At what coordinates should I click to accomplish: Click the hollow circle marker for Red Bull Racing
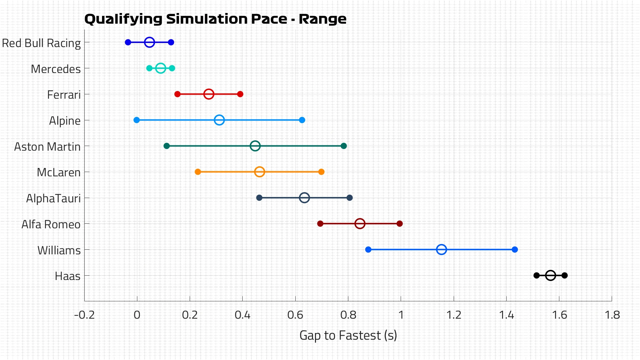point(149,42)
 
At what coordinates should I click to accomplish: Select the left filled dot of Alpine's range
point(136,120)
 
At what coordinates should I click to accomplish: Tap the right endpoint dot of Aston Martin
point(344,146)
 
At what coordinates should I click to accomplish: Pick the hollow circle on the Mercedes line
point(161,68)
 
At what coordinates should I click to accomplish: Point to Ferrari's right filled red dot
point(240,94)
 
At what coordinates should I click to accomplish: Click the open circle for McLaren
point(259,172)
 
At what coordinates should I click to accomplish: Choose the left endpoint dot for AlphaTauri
point(259,198)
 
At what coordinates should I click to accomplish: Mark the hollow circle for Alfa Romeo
point(360,224)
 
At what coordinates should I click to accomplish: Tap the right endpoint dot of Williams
point(515,250)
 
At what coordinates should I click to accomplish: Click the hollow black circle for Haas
point(550,276)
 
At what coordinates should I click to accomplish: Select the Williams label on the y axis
point(59,250)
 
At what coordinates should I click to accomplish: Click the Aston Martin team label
point(47,147)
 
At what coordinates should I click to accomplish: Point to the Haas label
point(68,276)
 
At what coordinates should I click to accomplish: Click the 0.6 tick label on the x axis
point(295,315)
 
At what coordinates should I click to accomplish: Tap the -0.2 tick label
point(84,315)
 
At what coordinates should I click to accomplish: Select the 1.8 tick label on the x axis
point(612,315)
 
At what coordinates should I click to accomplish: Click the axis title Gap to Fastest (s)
point(348,335)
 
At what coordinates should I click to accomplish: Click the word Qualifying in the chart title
point(123,19)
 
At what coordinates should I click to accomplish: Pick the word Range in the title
point(322,19)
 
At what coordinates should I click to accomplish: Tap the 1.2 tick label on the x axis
point(454,315)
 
